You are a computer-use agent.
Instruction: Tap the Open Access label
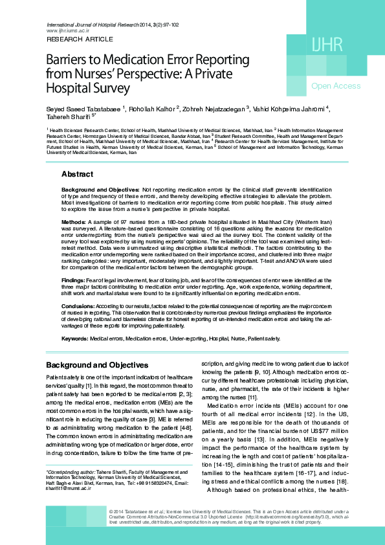point(336,86)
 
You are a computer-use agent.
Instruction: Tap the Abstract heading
point(77,174)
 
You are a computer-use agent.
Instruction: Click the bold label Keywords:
point(75,339)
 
